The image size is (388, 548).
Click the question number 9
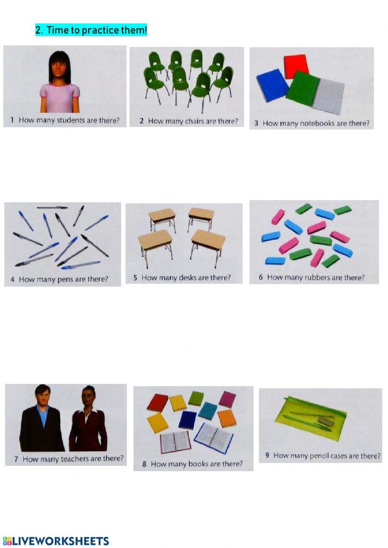point(267,455)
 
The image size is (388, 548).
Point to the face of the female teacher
point(88,396)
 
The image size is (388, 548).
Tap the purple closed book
point(227,399)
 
